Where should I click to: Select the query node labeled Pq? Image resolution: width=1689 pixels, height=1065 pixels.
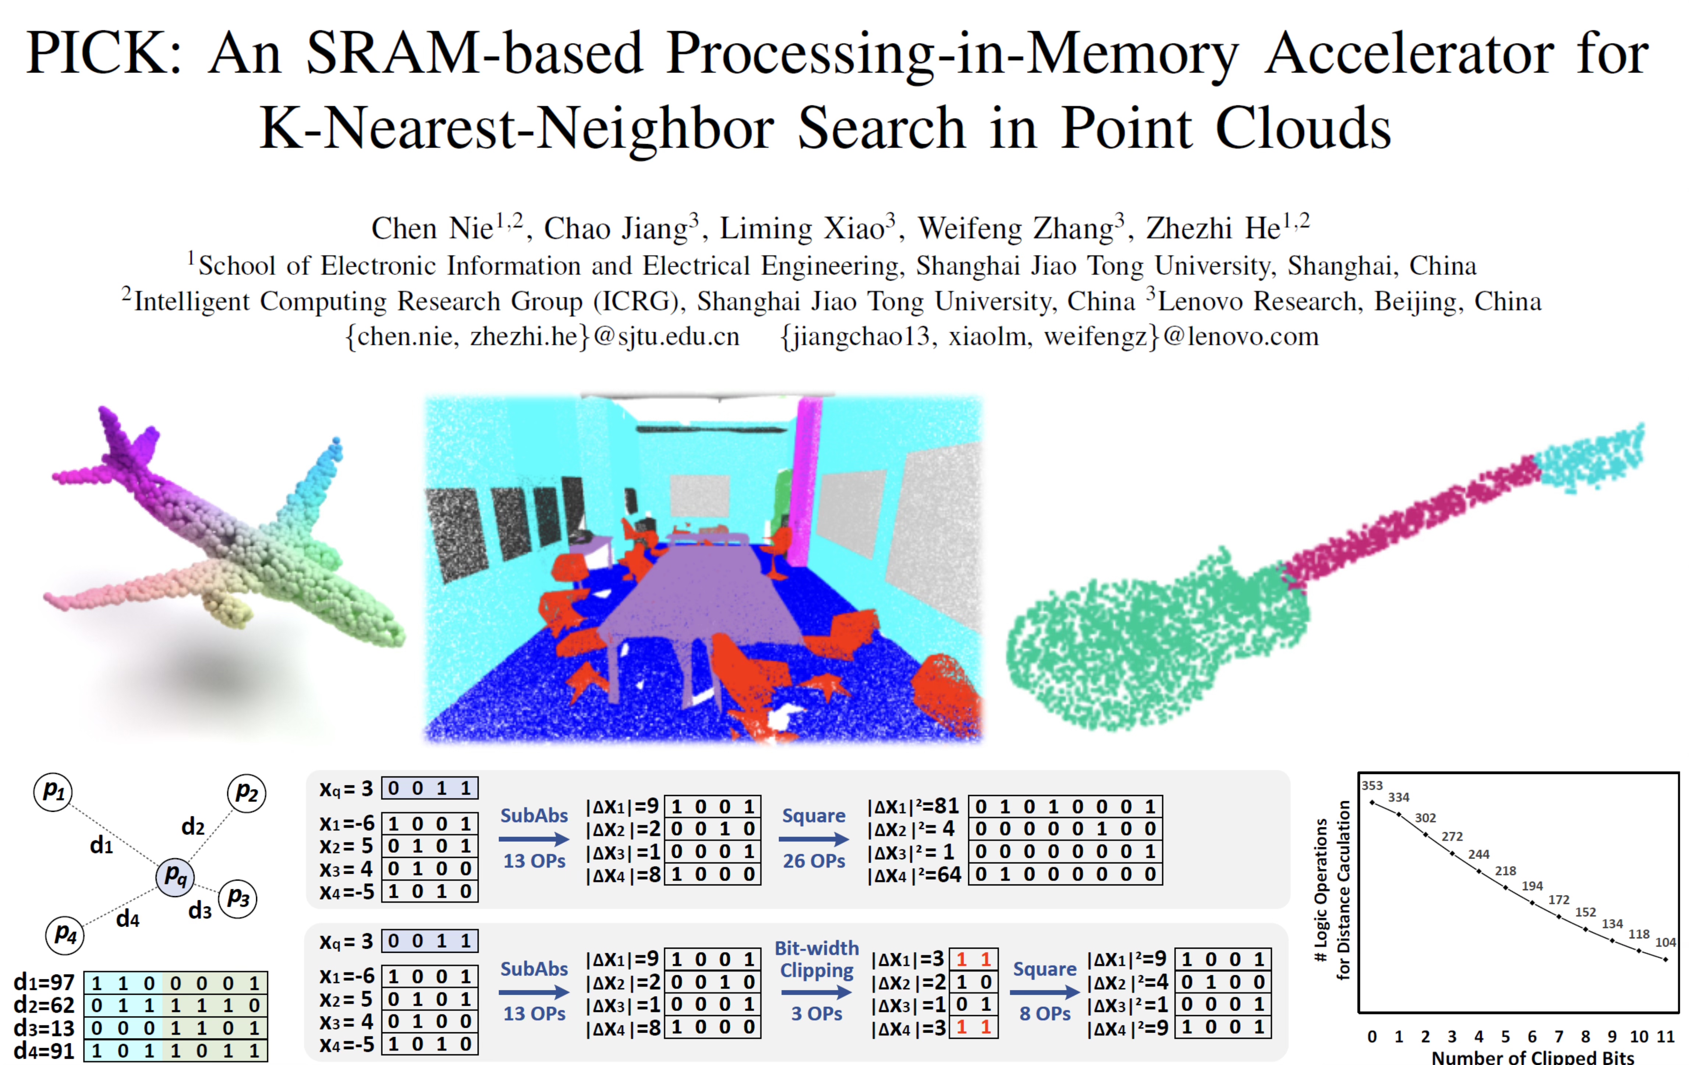pyautogui.click(x=175, y=876)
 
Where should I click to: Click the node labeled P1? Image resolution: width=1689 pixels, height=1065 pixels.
pyautogui.click(x=53, y=792)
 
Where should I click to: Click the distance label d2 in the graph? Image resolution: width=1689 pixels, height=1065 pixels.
pyautogui.click(x=193, y=827)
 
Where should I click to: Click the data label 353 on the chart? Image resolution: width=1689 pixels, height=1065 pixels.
pyautogui.click(x=1372, y=786)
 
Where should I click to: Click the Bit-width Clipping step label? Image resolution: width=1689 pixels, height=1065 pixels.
pyautogui.click(x=817, y=959)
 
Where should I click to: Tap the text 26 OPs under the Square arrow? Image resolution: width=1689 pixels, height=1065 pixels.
pyautogui.click(x=814, y=861)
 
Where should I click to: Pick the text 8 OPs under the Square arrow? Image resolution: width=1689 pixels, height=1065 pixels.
pyautogui.click(x=1044, y=1014)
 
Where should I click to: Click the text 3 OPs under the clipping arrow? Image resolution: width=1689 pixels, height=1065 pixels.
pyautogui.click(x=817, y=1014)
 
